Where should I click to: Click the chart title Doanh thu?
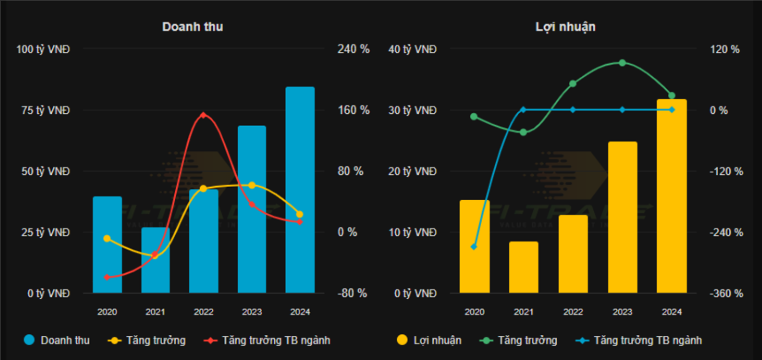pyautogui.click(x=193, y=27)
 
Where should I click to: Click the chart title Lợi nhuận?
pyautogui.click(x=566, y=27)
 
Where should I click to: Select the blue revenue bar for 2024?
pyautogui.click(x=300, y=189)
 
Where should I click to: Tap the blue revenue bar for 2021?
pyautogui.click(x=156, y=260)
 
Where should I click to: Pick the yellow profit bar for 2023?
pyautogui.click(x=622, y=217)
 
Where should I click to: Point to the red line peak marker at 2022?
pyautogui.click(x=203, y=115)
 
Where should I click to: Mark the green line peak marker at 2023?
pyautogui.click(x=622, y=63)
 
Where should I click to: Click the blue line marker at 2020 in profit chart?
pyautogui.click(x=474, y=247)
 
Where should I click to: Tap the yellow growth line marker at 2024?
pyautogui.click(x=300, y=214)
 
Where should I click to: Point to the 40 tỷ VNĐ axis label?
pyautogui.click(x=414, y=49)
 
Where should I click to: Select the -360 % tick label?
pyautogui.click(x=722, y=293)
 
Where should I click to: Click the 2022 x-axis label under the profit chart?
pyautogui.click(x=573, y=311)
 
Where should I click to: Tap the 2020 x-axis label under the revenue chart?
pyautogui.click(x=107, y=311)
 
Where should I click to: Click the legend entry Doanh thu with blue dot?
pyautogui.click(x=57, y=340)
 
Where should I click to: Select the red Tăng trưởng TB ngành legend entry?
pyautogui.click(x=268, y=340)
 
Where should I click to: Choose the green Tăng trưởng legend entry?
pyautogui.click(x=520, y=340)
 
